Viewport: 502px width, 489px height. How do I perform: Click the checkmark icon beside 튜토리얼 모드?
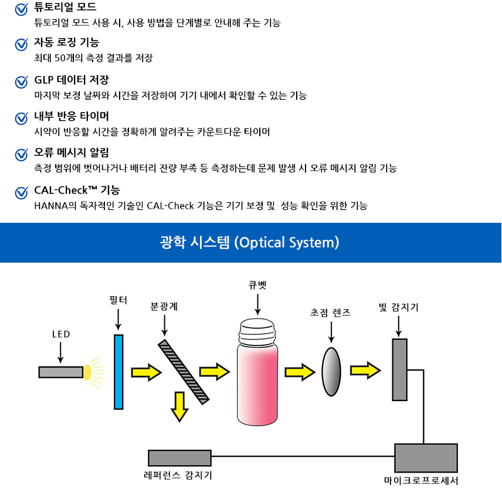pyautogui.click(x=22, y=9)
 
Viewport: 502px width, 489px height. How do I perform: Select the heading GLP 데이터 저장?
pyautogui.click(x=72, y=80)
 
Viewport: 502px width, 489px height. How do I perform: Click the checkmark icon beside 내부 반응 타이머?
pyautogui.click(x=22, y=118)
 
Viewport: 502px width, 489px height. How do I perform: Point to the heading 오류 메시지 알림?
pyautogui.click(x=72, y=154)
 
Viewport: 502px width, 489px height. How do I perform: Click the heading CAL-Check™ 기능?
pyautogui.click(x=77, y=190)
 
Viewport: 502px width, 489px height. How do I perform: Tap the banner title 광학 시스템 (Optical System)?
pyautogui.click(x=250, y=242)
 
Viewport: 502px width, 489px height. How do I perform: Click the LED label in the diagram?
pyautogui.click(x=61, y=334)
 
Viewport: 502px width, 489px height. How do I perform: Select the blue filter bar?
pyautogui.click(x=119, y=371)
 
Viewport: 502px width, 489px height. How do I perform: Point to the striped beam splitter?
pyautogui.click(x=184, y=372)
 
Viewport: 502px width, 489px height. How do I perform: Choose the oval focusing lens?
pyautogui.click(x=331, y=372)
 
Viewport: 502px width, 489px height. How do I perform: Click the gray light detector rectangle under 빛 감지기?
pyautogui.click(x=400, y=369)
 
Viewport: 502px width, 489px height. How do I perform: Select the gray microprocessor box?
pyautogui.click(x=426, y=458)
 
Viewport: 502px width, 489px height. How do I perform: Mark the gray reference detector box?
pyautogui.click(x=179, y=458)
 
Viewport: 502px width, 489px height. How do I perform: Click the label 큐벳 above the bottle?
pyautogui.click(x=257, y=286)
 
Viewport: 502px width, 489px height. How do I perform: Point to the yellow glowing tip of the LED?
pyautogui.click(x=88, y=372)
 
